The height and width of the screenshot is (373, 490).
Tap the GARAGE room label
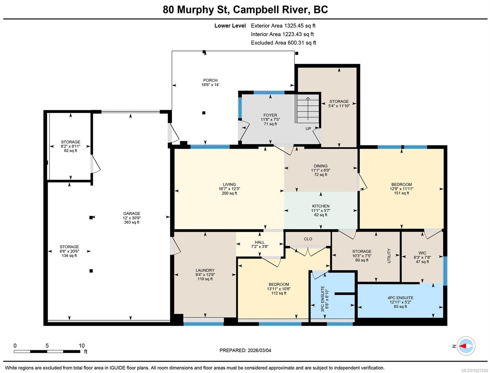131,214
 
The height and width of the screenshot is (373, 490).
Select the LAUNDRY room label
205,270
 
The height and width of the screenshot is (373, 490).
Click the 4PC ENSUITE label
400,298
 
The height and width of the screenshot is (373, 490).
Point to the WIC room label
422,253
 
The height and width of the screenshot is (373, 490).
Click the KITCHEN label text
321,206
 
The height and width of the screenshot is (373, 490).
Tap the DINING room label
320,166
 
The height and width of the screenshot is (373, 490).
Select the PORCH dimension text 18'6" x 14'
210,85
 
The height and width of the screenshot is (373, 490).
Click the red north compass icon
465,346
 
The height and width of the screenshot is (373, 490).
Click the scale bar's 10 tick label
82,346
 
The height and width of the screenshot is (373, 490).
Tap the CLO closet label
308,239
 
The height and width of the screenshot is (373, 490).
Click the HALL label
260,242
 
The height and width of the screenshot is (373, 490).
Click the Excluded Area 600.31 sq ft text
283,43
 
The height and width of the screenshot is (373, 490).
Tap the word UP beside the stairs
308,129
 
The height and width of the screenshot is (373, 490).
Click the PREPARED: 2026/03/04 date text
245,350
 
